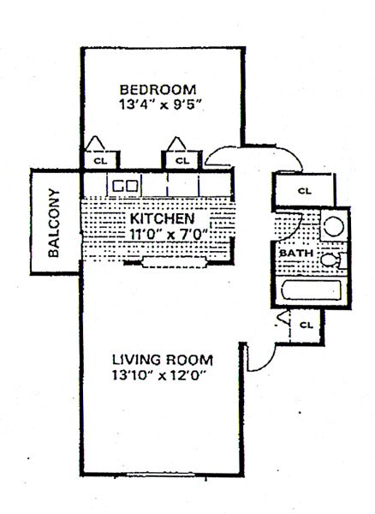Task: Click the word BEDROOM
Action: (158, 89)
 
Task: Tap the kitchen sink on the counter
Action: (127, 184)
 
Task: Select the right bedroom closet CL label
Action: (181, 159)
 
